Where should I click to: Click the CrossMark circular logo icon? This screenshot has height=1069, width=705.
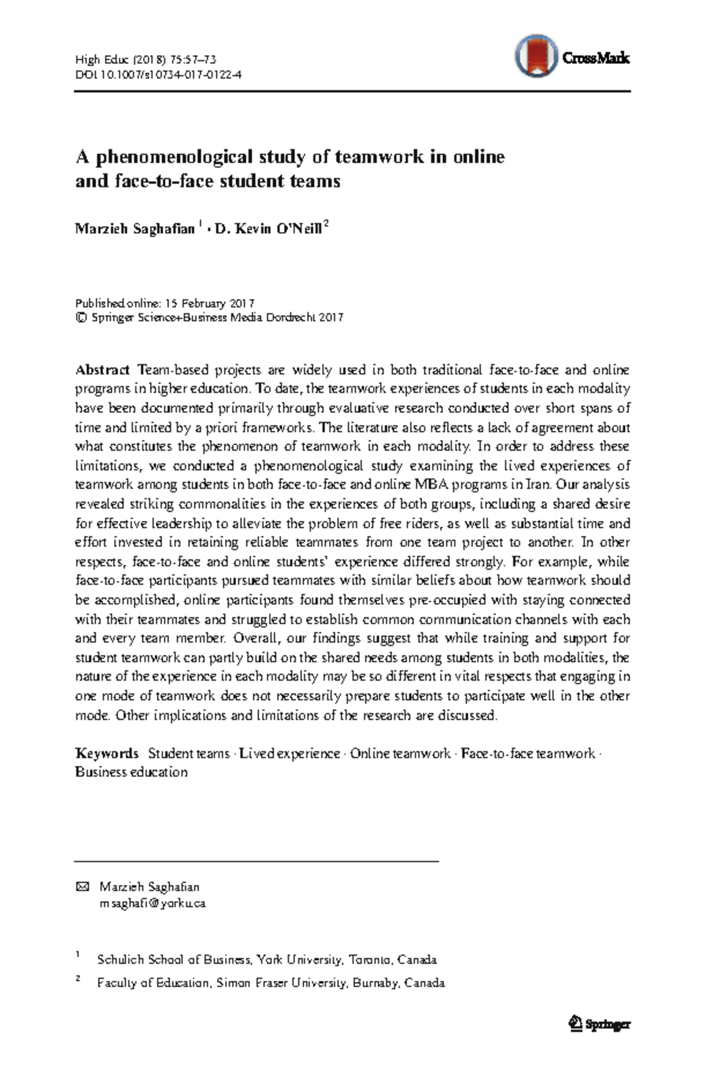tap(535, 56)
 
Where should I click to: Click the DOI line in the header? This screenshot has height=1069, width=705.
tap(158, 75)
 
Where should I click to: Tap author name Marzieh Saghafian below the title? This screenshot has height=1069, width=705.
tap(135, 228)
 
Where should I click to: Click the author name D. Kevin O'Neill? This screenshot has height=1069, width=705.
tap(268, 228)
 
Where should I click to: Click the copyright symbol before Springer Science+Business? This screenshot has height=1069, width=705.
tap(81, 318)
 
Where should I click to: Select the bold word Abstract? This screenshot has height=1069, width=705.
tap(102, 370)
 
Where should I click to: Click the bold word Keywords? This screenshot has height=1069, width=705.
tap(106, 754)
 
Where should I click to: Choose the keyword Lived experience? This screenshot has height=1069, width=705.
tap(290, 754)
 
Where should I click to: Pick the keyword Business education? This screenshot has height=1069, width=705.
tap(131, 772)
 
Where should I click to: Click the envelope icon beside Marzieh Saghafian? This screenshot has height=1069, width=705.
tap(82, 887)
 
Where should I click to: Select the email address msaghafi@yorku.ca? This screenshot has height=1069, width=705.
tap(152, 903)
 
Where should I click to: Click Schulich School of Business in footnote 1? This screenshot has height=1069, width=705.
tap(174, 960)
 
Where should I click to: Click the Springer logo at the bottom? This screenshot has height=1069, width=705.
tap(599, 1024)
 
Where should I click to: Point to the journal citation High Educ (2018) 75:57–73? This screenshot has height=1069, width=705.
tap(146, 59)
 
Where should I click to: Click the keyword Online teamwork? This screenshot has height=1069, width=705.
tap(400, 754)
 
